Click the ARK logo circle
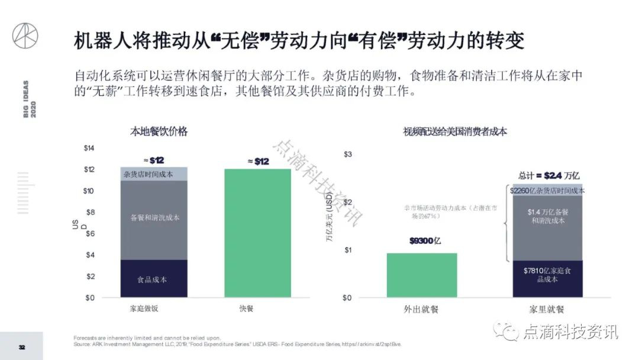click(25, 36)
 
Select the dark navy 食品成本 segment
click(154, 279)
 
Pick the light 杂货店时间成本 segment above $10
click(154, 174)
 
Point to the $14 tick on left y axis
click(89, 148)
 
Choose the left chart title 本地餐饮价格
click(159, 131)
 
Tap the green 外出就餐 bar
click(421, 275)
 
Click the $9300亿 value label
click(425, 241)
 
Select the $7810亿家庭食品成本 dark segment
click(547, 278)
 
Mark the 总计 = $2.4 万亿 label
click(548, 175)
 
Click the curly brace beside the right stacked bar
click(506, 225)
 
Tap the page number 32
click(21, 347)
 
